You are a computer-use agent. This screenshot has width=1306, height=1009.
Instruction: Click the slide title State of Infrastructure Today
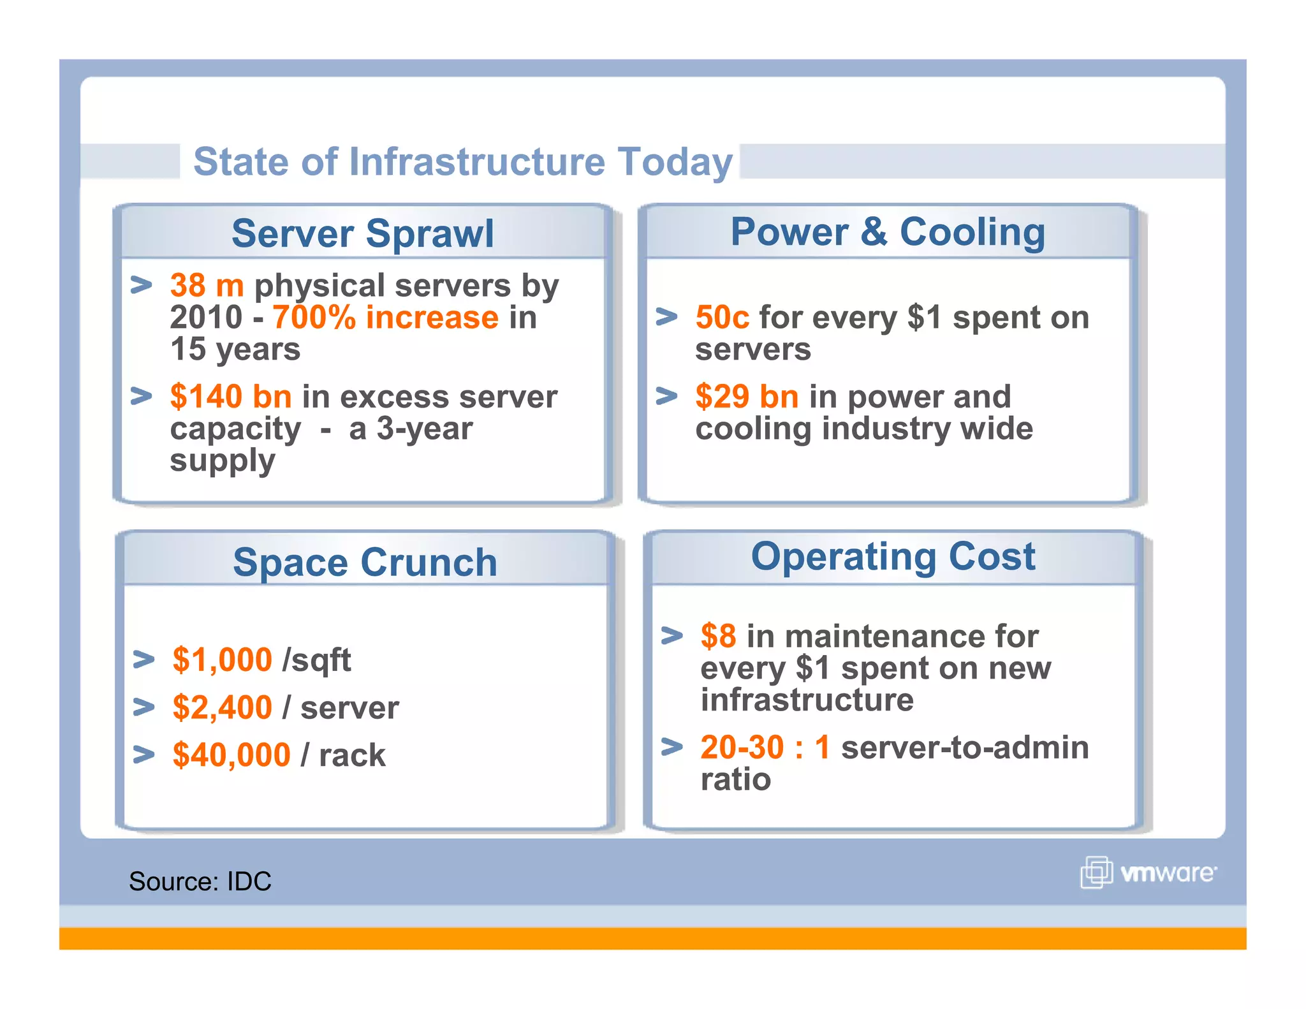click(463, 161)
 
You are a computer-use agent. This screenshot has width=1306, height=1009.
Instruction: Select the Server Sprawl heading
click(362, 233)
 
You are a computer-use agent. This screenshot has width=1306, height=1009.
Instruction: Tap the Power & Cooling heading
click(888, 232)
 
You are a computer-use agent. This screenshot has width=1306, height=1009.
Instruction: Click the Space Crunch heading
click(365, 563)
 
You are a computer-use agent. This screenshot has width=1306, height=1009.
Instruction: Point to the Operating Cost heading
click(893, 556)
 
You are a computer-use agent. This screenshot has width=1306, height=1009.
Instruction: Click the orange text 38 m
click(207, 285)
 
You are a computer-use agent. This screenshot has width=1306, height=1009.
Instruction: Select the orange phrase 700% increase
click(385, 318)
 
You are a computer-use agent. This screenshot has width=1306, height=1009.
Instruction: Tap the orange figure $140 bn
click(231, 397)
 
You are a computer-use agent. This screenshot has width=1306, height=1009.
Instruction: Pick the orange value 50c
click(722, 318)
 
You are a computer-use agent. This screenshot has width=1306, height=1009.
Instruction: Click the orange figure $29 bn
click(746, 397)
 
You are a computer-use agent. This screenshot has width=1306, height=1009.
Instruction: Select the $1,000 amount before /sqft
click(222, 659)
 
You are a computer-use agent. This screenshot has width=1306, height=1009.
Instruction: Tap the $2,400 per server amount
click(222, 707)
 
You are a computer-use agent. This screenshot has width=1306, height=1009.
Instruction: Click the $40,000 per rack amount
click(231, 755)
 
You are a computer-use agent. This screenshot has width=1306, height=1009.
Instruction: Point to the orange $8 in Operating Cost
click(718, 637)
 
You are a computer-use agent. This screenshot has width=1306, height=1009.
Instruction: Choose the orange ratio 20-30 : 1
click(765, 748)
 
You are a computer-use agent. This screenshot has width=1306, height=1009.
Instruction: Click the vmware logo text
click(1168, 873)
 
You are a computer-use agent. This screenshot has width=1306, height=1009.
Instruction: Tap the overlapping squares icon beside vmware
click(1096, 872)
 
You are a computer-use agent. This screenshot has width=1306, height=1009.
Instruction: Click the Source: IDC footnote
click(200, 881)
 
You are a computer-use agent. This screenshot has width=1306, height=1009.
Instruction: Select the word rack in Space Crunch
click(352, 756)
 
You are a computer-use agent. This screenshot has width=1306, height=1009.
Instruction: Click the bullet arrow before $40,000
click(144, 755)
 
